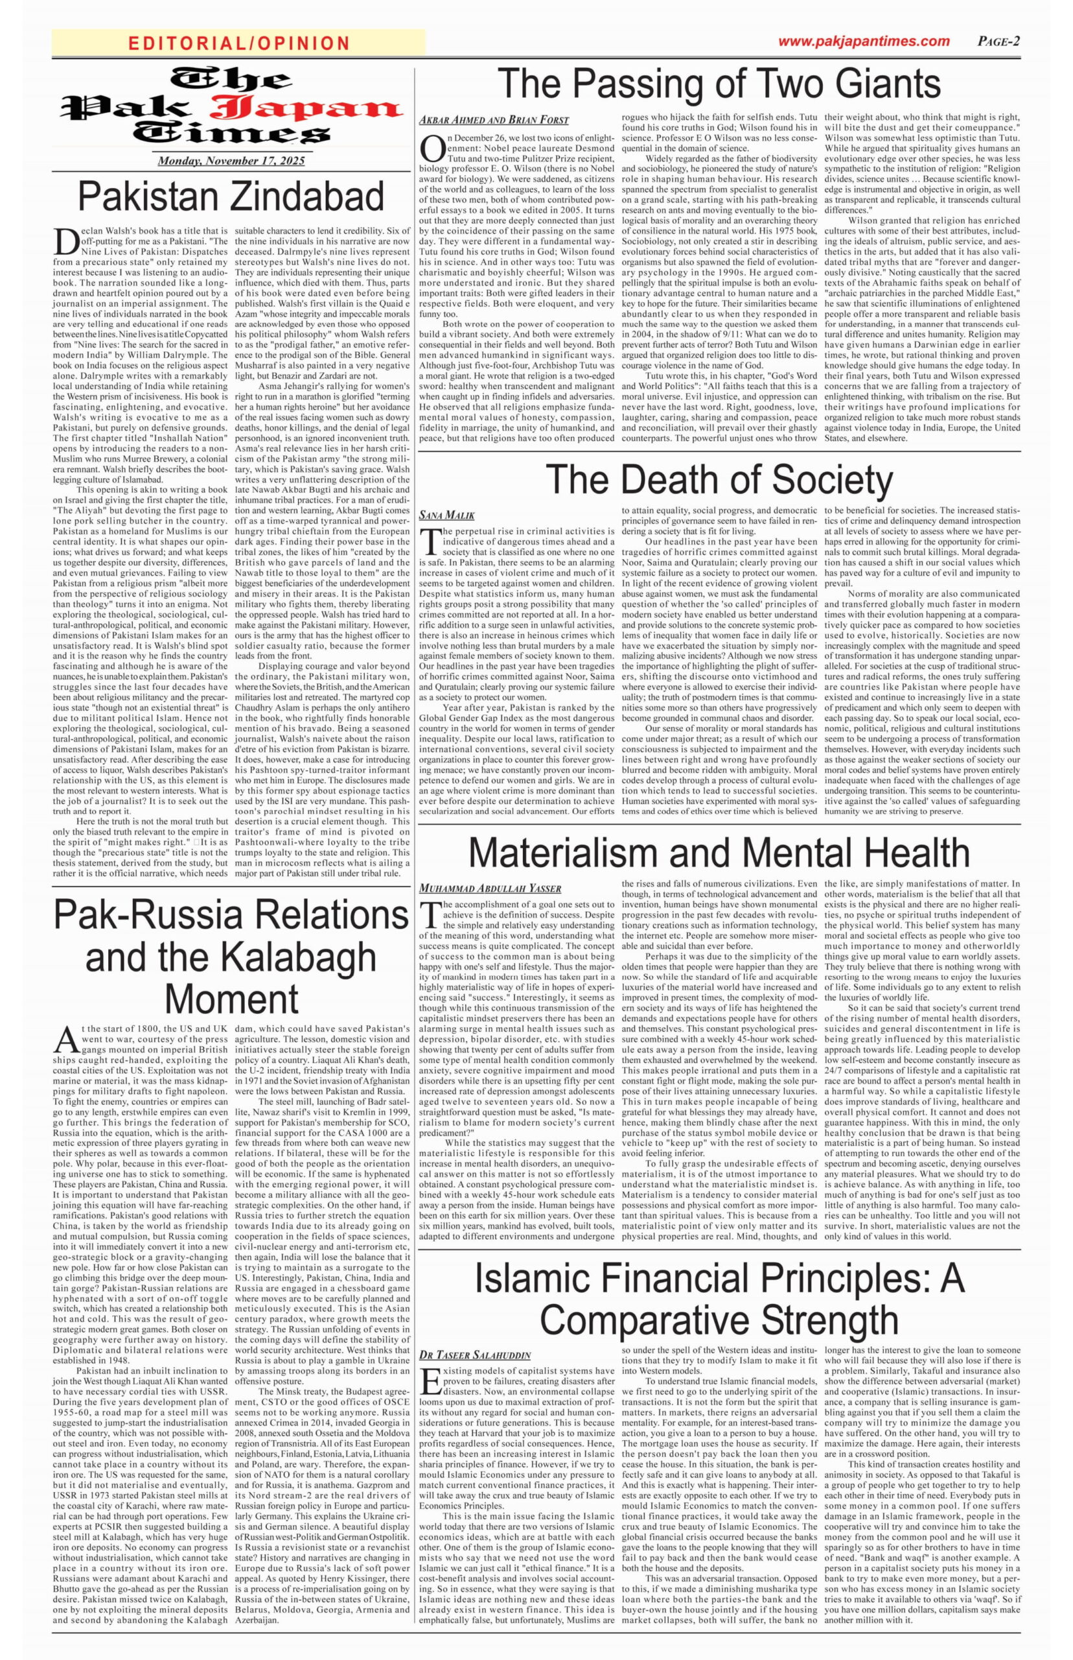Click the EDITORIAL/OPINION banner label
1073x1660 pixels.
tap(239, 43)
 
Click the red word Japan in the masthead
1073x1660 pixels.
tap(306, 108)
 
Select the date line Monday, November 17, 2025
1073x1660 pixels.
tap(231, 161)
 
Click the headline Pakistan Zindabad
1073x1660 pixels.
tap(231, 196)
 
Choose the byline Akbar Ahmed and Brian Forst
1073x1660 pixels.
tap(493, 120)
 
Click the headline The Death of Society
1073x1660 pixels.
tap(719, 480)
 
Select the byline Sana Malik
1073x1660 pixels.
tap(446, 516)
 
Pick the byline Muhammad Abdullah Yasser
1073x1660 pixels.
tap(490, 888)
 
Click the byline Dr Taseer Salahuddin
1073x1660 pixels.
tap(474, 1355)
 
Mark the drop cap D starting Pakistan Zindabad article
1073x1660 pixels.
tap(64, 243)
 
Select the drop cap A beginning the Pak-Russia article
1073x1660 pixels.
tap(64, 1040)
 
